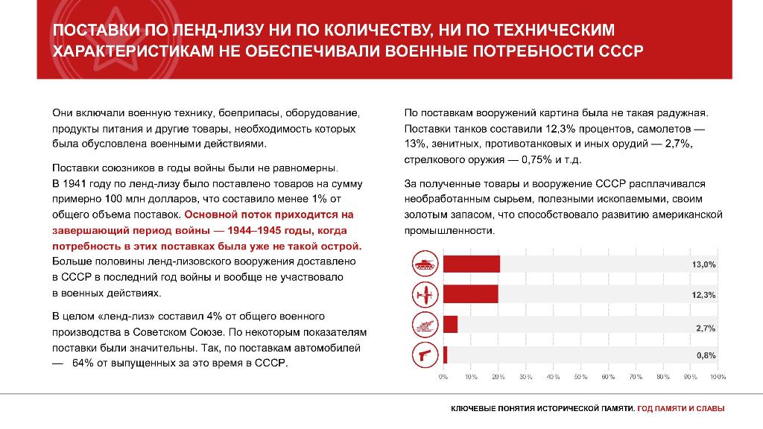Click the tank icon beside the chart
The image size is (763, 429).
424,264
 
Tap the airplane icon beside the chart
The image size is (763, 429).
424,294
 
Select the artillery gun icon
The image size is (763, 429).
424,325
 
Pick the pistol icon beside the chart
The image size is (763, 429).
424,355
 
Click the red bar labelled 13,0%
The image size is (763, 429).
472,264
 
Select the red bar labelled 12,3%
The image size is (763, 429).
470,294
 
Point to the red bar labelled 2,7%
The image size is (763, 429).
450,325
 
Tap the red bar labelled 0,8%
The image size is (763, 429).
446,355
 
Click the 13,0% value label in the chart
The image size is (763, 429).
704,265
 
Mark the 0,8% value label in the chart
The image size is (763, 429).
706,356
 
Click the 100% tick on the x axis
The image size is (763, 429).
718,378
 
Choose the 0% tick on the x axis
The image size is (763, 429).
443,378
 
